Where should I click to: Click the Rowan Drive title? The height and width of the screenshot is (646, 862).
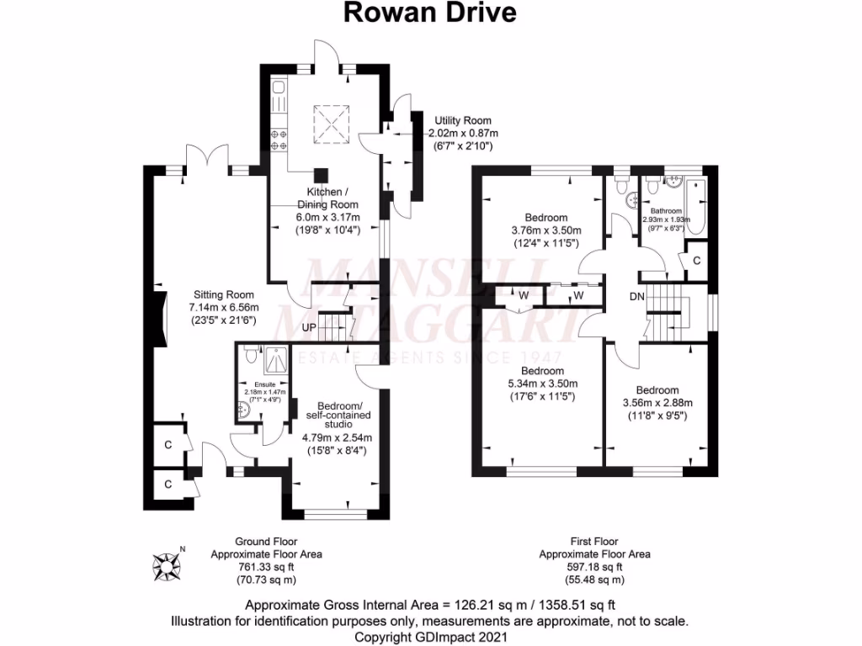click(x=430, y=13)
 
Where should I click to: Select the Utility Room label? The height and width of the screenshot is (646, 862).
click(x=462, y=121)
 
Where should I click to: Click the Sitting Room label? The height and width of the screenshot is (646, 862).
click(x=223, y=294)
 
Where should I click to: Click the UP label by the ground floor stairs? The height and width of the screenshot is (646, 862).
click(x=310, y=326)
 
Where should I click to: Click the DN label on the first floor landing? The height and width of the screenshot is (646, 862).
click(x=637, y=297)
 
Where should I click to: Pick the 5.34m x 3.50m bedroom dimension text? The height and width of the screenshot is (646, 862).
click(x=541, y=384)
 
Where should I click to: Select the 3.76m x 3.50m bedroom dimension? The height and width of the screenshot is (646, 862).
click(x=545, y=231)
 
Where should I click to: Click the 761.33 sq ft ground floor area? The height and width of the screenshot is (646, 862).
click(x=265, y=568)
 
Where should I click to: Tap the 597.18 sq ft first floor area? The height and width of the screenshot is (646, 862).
click(x=594, y=568)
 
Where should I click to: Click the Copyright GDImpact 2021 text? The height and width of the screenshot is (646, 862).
click(x=430, y=637)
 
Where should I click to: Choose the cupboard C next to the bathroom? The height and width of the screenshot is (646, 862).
click(x=696, y=260)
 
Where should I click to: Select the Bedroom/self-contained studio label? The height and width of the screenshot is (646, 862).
click(x=337, y=416)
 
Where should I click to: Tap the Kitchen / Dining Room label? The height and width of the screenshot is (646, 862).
click(x=327, y=204)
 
